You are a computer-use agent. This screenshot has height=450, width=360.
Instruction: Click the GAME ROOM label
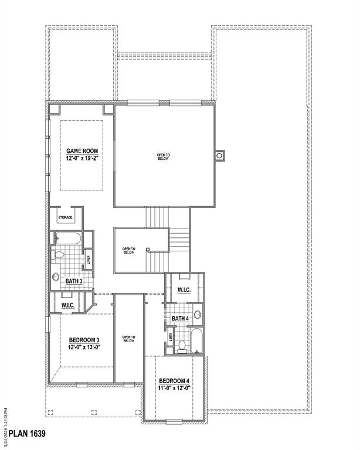(81, 151)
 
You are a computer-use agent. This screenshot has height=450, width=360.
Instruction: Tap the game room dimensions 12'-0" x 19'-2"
(81, 158)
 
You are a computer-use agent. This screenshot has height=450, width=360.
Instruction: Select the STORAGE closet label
(65, 218)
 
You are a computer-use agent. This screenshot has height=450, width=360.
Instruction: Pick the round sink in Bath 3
(56, 277)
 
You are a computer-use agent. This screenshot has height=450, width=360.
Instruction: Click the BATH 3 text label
(74, 282)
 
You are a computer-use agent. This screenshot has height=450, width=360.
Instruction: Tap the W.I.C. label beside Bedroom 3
(67, 305)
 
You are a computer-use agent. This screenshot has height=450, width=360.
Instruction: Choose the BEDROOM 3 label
(84, 340)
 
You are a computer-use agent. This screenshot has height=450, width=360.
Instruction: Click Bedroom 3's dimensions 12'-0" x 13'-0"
(84, 347)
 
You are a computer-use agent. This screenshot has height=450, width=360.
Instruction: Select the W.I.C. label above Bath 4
(184, 290)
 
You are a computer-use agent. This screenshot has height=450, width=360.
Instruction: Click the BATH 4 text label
(180, 319)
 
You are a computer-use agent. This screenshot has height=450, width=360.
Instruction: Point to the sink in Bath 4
(198, 315)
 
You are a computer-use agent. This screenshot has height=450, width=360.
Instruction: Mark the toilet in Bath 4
(182, 346)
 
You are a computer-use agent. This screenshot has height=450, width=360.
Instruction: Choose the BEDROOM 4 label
(175, 380)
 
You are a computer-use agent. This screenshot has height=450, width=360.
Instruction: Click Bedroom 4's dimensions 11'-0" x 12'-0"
(175, 388)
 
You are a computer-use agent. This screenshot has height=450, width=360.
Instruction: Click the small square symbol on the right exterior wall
(220, 156)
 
